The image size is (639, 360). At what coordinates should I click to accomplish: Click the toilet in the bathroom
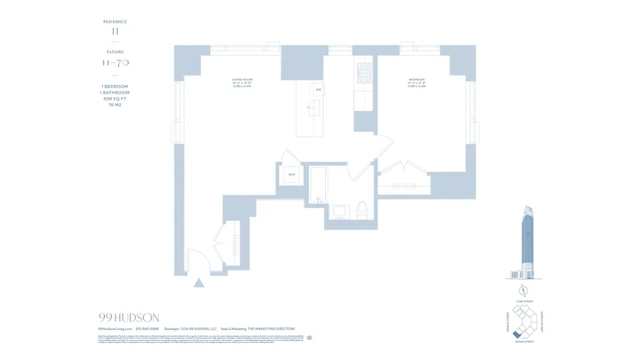coord(362,208)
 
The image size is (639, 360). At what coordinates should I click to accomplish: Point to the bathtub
coord(318,185)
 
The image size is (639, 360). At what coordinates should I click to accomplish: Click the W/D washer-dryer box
coord(291,174)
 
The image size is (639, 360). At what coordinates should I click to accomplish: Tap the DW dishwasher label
coord(318,90)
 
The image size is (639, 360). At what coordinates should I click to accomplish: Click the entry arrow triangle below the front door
coord(199,282)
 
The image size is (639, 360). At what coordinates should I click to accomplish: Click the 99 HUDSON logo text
coord(129,318)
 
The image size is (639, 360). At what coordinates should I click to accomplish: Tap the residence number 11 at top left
coord(115,31)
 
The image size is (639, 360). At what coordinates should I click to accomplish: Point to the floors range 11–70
coord(116,63)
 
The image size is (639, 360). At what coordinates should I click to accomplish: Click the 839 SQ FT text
coord(115,98)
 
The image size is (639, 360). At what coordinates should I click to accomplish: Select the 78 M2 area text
coord(115,104)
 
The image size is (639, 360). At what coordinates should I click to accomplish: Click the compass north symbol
coord(523,289)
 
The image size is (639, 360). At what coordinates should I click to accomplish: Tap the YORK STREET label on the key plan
coord(523,301)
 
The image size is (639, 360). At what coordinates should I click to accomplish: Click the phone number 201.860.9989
coord(147,329)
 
